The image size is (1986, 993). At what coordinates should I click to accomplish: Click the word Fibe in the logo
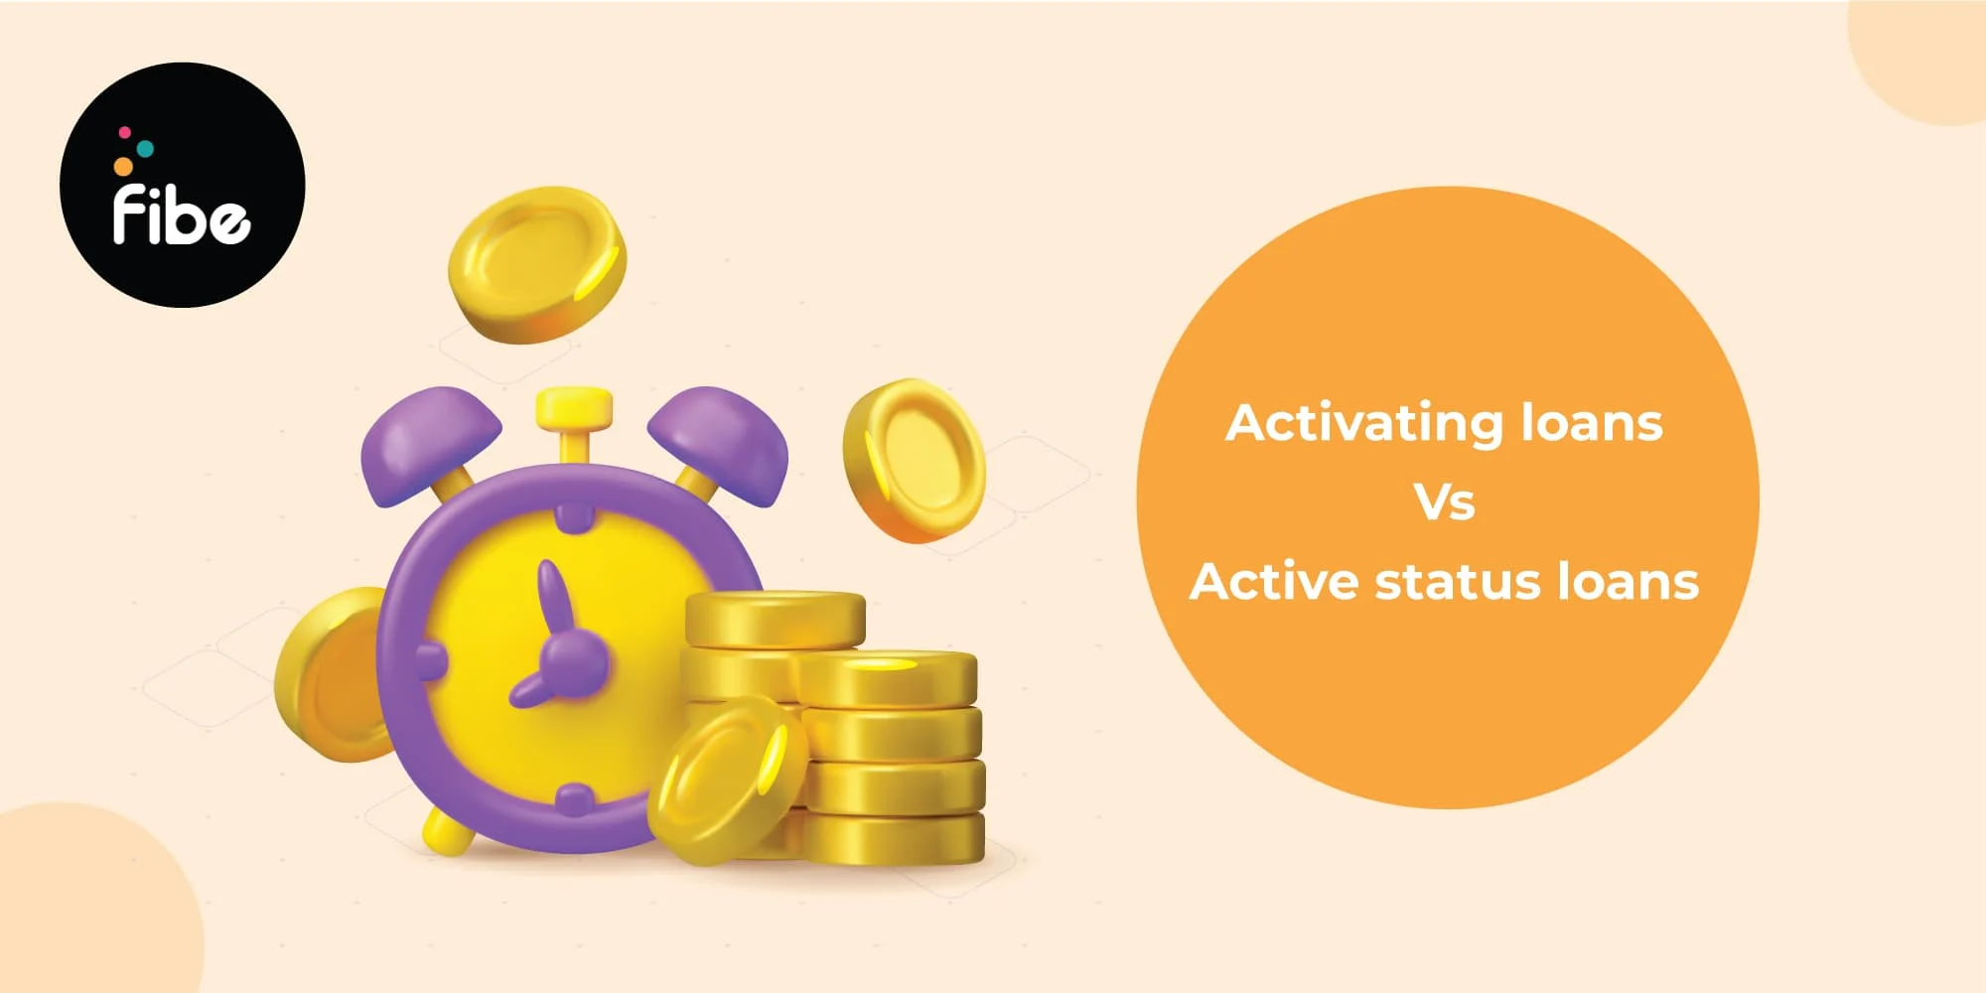[181, 213]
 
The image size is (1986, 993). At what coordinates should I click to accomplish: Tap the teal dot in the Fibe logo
[145, 148]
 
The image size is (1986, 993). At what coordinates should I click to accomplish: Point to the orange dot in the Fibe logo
[123, 166]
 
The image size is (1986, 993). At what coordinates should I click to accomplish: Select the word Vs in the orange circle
[1445, 502]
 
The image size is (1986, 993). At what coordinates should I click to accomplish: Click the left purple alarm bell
[430, 442]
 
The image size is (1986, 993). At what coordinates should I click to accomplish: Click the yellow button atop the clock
[573, 407]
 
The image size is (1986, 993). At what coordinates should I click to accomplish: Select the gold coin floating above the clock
[537, 264]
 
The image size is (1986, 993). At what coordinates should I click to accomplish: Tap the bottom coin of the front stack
[892, 839]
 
